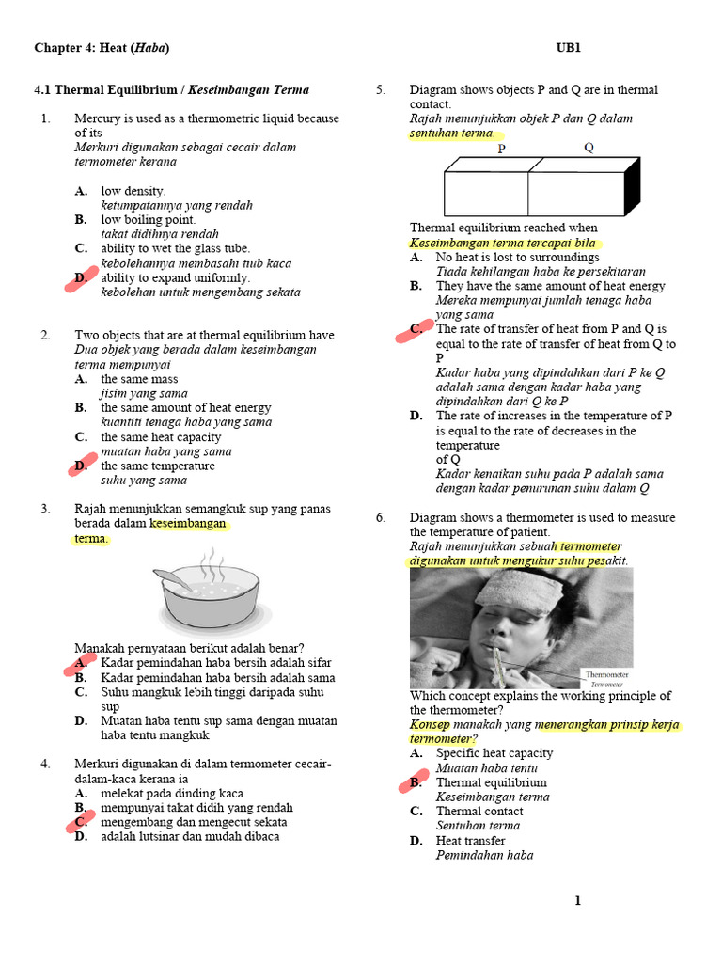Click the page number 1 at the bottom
point(578,901)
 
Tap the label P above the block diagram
point(501,149)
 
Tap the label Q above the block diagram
point(589,149)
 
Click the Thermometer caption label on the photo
point(606,675)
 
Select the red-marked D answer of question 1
point(82,278)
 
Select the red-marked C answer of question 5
point(416,330)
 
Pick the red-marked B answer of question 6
point(416,782)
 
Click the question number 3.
point(44,510)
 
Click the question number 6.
point(381,518)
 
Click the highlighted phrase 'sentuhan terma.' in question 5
point(452,134)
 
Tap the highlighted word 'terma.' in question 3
point(92,539)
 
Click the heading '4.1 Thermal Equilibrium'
point(105,90)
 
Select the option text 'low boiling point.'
point(149,220)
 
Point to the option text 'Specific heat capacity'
point(494,753)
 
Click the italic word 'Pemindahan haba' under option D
point(484,855)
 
